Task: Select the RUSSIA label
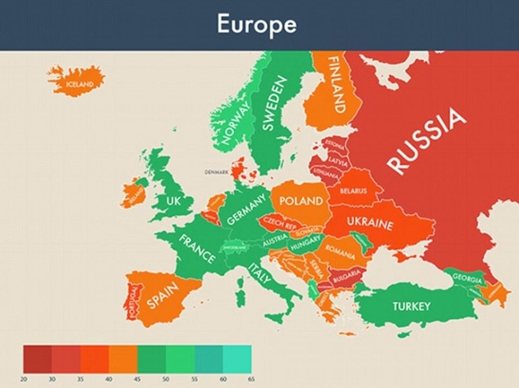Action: [427, 141]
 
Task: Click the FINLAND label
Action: [335, 84]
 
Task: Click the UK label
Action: [173, 200]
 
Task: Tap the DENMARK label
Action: [217, 172]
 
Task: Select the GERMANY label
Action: [246, 209]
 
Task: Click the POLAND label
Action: [300, 201]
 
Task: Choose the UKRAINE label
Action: [370, 225]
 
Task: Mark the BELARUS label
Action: [353, 191]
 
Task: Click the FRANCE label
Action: [197, 248]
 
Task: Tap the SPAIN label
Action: [163, 295]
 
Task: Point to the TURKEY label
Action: [411, 306]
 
